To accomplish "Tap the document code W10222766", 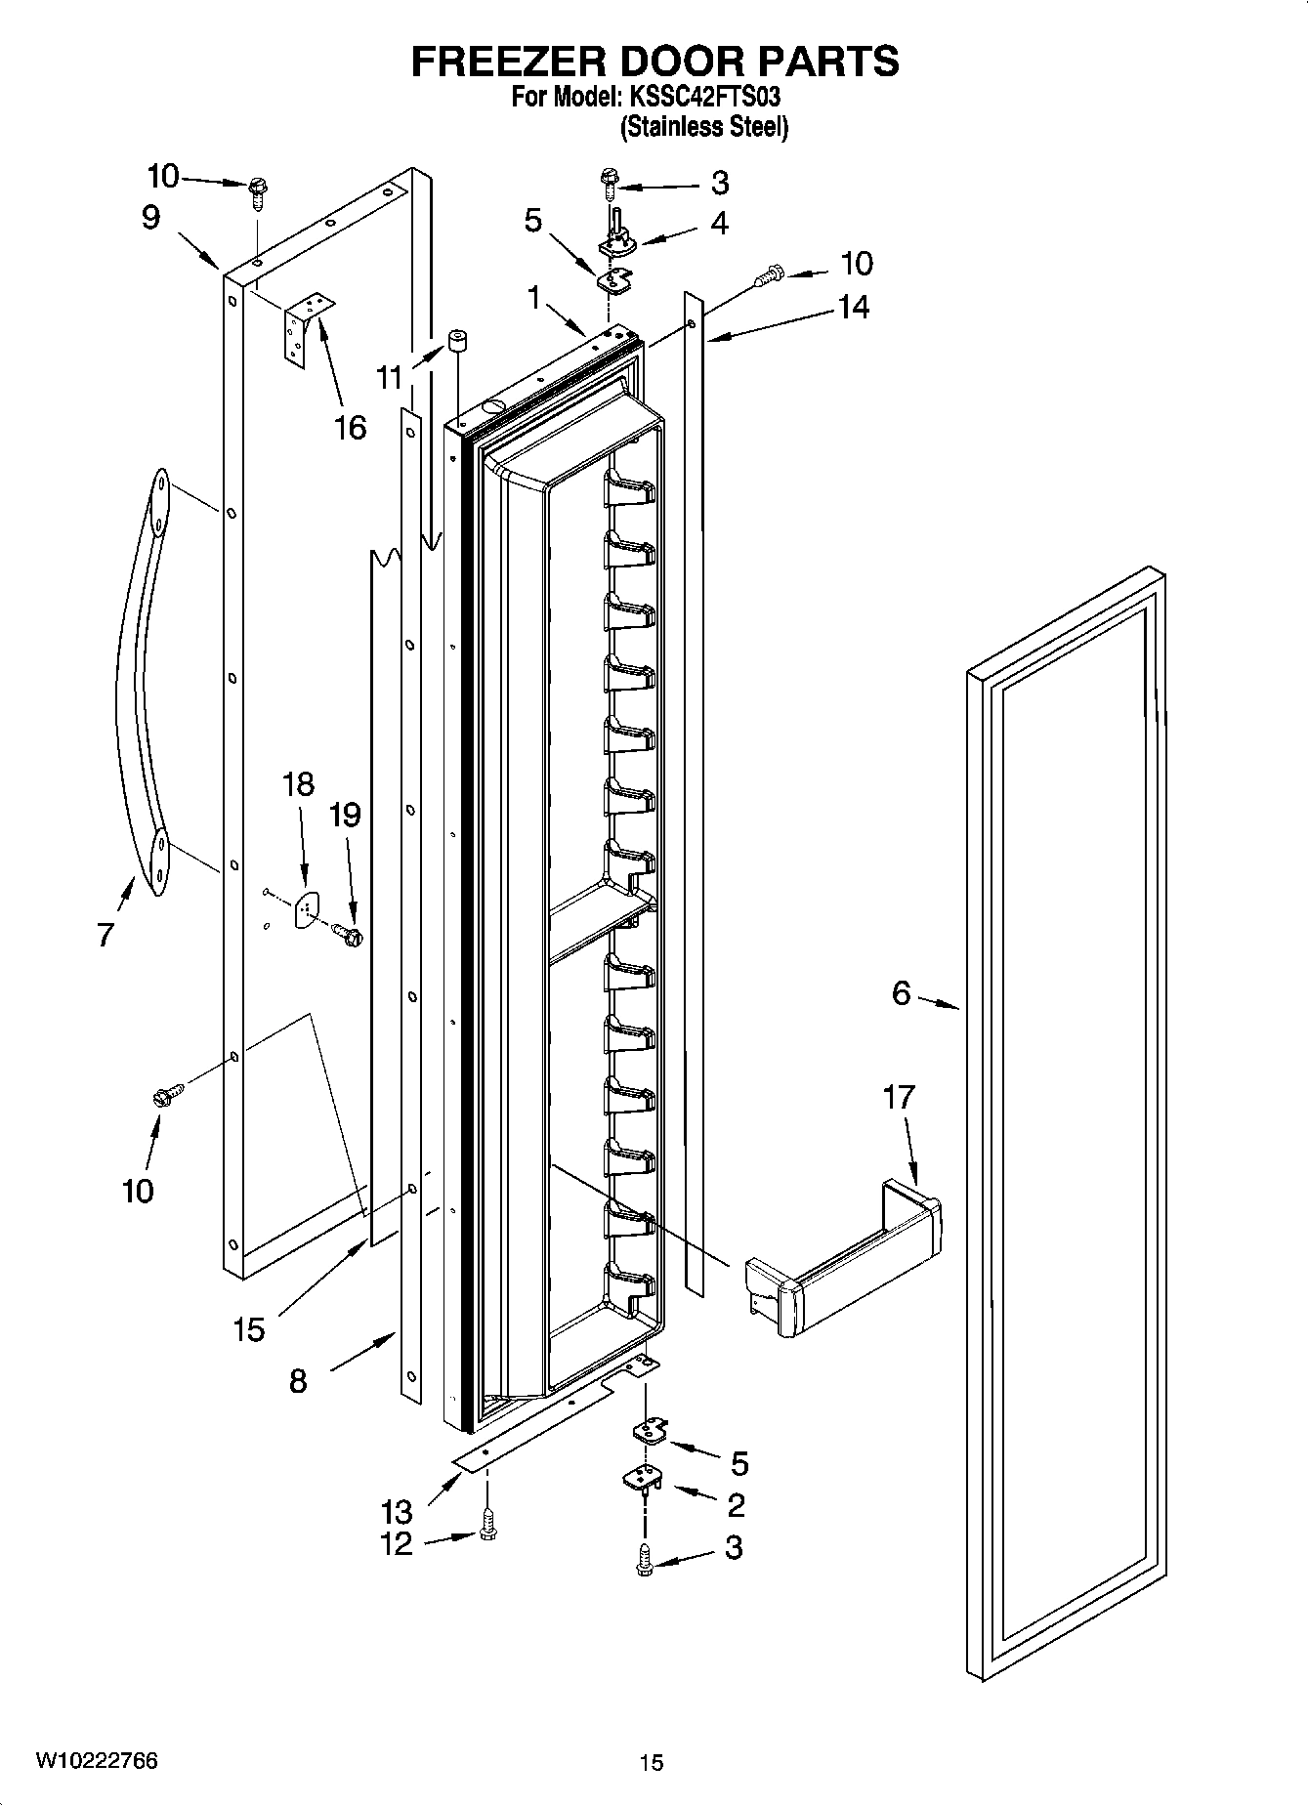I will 96,1761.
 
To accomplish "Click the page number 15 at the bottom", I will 651,1763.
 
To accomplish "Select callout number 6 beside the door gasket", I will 901,994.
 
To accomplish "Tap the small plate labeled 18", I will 306,908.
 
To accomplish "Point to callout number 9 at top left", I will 150,217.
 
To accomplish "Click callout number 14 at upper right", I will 853,307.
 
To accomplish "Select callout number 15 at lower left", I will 249,1328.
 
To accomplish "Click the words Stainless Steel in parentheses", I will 703,127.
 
